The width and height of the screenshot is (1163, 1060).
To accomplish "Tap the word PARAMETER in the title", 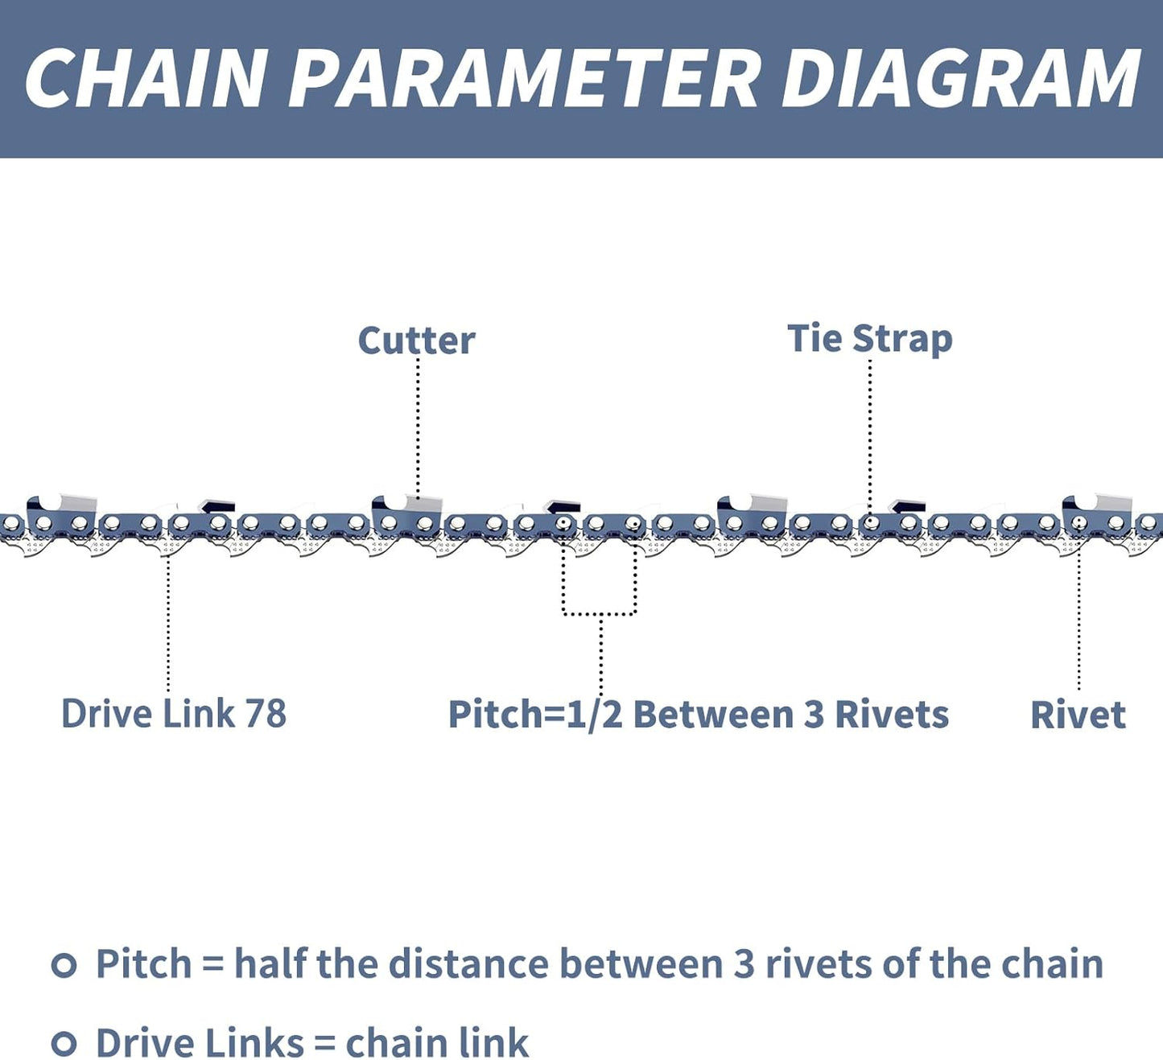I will click(x=523, y=78).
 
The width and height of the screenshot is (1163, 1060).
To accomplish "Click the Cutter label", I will click(x=416, y=340).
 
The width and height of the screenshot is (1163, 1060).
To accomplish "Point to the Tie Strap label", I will click(x=869, y=339).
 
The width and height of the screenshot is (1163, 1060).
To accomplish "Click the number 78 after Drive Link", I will click(x=266, y=714).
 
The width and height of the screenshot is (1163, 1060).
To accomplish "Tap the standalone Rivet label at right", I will click(x=1078, y=715).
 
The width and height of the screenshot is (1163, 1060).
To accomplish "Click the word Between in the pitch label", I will click(x=713, y=715).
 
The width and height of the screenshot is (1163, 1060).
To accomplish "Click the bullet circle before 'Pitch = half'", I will click(x=64, y=964).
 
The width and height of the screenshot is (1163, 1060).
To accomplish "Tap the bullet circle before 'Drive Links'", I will click(x=64, y=1043).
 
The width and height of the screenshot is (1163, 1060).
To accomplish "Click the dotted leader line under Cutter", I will click(x=418, y=427).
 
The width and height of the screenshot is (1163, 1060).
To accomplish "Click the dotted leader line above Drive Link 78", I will click(x=168, y=620).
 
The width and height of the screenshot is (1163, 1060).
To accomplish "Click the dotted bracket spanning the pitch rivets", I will click(x=600, y=613).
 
